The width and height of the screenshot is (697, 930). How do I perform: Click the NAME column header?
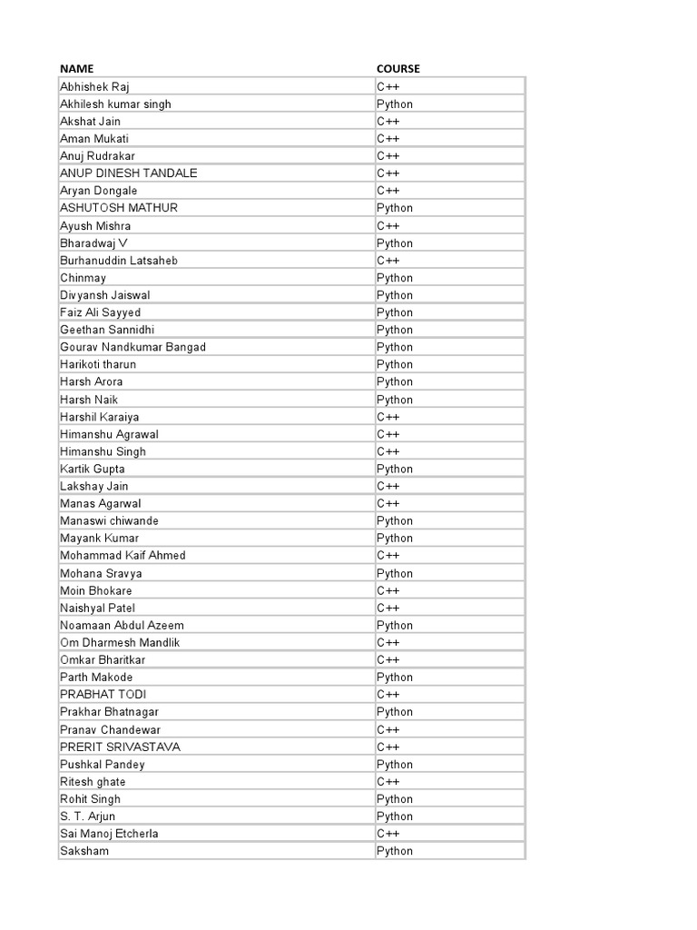coord(77,69)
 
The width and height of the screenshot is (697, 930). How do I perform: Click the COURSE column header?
coord(398,69)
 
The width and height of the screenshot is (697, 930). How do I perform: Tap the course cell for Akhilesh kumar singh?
coord(395,104)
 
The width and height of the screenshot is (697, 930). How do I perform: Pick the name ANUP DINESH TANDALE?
coord(128,173)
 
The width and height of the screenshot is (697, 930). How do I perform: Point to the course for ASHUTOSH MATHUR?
coord(395,208)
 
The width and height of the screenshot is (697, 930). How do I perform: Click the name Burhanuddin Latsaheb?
coord(119,261)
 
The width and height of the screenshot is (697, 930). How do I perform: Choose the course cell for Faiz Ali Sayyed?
coord(395,312)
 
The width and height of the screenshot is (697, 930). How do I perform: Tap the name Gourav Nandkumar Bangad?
coord(133,347)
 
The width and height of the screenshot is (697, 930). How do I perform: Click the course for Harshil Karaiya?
coord(388,417)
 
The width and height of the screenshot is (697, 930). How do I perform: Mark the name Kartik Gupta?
coord(93,469)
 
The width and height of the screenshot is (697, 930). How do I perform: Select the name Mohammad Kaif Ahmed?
coord(123,555)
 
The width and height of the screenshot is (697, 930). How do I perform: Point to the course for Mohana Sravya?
coord(395,573)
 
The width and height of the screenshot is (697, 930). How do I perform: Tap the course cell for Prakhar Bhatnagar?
coord(395,712)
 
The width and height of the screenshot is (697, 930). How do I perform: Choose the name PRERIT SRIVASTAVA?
coord(120,747)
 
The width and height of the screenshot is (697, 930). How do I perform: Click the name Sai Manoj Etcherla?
coord(109,834)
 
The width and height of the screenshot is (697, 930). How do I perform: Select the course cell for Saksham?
coord(395,851)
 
